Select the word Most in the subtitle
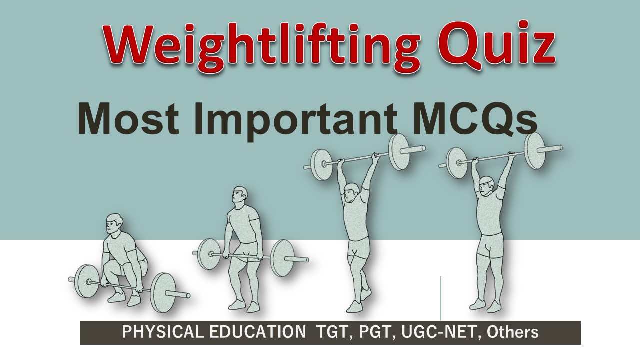(124, 120)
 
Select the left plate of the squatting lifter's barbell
(85, 281)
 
